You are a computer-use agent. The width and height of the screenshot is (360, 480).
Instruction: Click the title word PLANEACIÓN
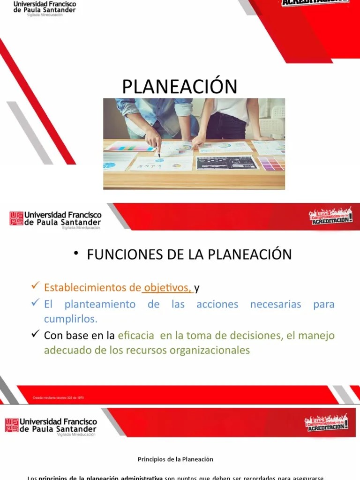coord(180,87)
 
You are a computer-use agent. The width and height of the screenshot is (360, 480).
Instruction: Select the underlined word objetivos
coord(167,287)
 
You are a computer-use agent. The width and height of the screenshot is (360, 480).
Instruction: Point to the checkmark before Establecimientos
coord(34,286)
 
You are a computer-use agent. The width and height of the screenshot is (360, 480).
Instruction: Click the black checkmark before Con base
coord(34,334)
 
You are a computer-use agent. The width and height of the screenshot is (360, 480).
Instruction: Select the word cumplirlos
coord(70,319)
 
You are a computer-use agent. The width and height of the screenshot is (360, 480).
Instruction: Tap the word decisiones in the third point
coord(256,336)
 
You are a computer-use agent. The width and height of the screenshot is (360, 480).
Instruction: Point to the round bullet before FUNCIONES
coord(76,254)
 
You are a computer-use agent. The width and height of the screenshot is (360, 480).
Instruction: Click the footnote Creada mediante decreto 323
coord(58,398)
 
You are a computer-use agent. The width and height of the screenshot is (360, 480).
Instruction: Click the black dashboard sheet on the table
coord(227,163)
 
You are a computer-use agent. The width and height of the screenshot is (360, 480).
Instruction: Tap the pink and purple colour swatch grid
coord(272,163)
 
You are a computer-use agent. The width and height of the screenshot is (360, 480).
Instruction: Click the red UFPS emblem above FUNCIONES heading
coord(16,218)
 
